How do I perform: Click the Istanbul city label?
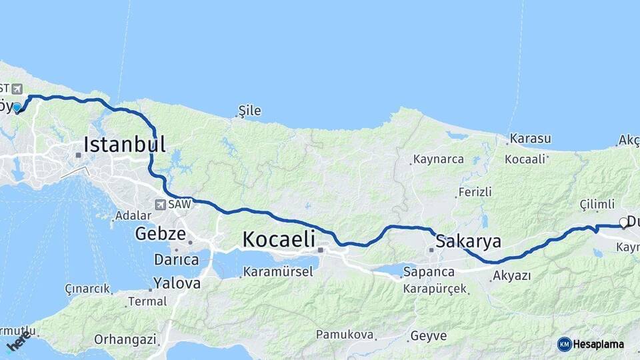click(124, 144)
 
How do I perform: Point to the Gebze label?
click(159, 233)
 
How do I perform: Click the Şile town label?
click(250, 111)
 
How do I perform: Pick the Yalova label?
click(177, 283)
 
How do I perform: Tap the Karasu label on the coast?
click(530, 139)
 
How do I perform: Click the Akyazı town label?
click(512, 275)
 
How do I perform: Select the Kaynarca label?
click(438, 159)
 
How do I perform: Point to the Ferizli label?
click(475, 192)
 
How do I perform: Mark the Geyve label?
click(428, 335)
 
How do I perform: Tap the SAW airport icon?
click(161, 205)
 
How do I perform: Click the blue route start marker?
click(17, 107)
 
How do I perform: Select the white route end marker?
click(623, 223)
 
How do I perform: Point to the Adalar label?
click(134, 216)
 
